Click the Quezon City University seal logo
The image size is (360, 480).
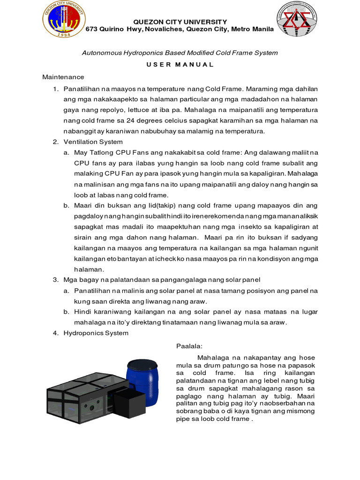tap(64, 20)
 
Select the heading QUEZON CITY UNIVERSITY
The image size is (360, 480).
tap(180, 22)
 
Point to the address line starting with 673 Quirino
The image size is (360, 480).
tap(180, 30)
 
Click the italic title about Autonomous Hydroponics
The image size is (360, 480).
tap(180, 52)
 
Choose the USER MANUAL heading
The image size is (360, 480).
tap(180, 64)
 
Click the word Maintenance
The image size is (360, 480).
tap(63, 76)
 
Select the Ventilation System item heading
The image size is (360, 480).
tap(93, 142)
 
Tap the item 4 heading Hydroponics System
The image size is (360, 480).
tap(96, 333)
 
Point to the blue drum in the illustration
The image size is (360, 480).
tap(142, 379)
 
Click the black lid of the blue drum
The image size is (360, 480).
tap(142, 363)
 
